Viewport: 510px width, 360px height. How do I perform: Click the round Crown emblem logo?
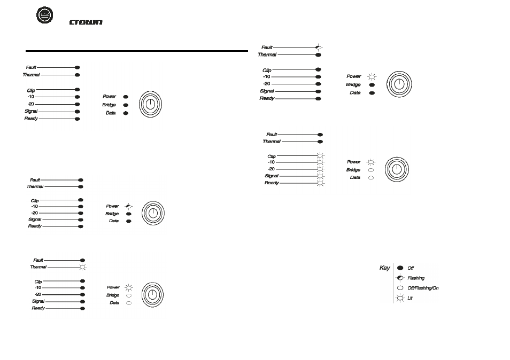pyautogui.click(x=44, y=15)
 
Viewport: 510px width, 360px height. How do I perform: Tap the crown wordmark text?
pyautogui.click(x=86, y=22)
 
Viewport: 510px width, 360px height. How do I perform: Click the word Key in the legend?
pyautogui.click(x=385, y=268)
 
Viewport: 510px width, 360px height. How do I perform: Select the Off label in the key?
pyautogui.click(x=411, y=268)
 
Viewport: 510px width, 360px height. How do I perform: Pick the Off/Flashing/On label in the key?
pyautogui.click(x=423, y=288)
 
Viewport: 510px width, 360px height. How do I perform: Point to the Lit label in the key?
pyautogui.click(x=410, y=298)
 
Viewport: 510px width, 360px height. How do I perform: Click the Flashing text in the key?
pyautogui.click(x=416, y=278)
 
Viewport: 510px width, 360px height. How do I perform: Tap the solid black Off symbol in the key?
pyautogui.click(x=400, y=268)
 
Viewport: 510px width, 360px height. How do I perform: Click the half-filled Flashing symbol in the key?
pyautogui.click(x=400, y=278)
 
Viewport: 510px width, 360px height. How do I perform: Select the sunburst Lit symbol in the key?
pyautogui.click(x=400, y=298)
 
